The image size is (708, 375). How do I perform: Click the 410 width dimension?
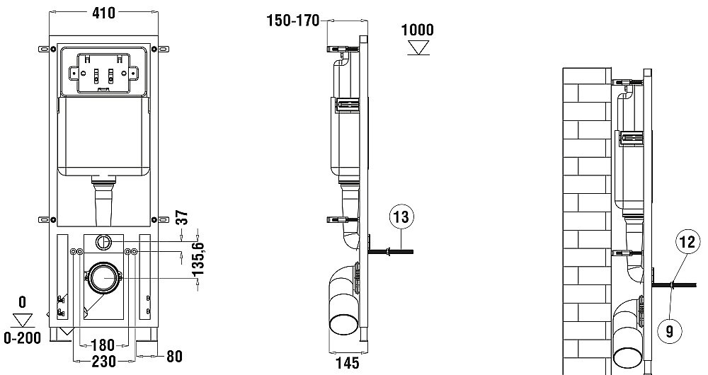point(103,13)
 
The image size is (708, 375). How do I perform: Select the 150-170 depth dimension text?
point(293,21)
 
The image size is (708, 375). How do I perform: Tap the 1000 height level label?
point(418,30)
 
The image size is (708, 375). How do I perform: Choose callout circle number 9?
point(670,332)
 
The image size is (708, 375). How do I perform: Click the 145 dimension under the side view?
point(348,363)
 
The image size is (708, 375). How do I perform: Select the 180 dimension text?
point(103,346)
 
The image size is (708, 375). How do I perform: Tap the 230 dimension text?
point(103,361)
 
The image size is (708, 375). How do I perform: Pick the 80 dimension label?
point(174,357)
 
